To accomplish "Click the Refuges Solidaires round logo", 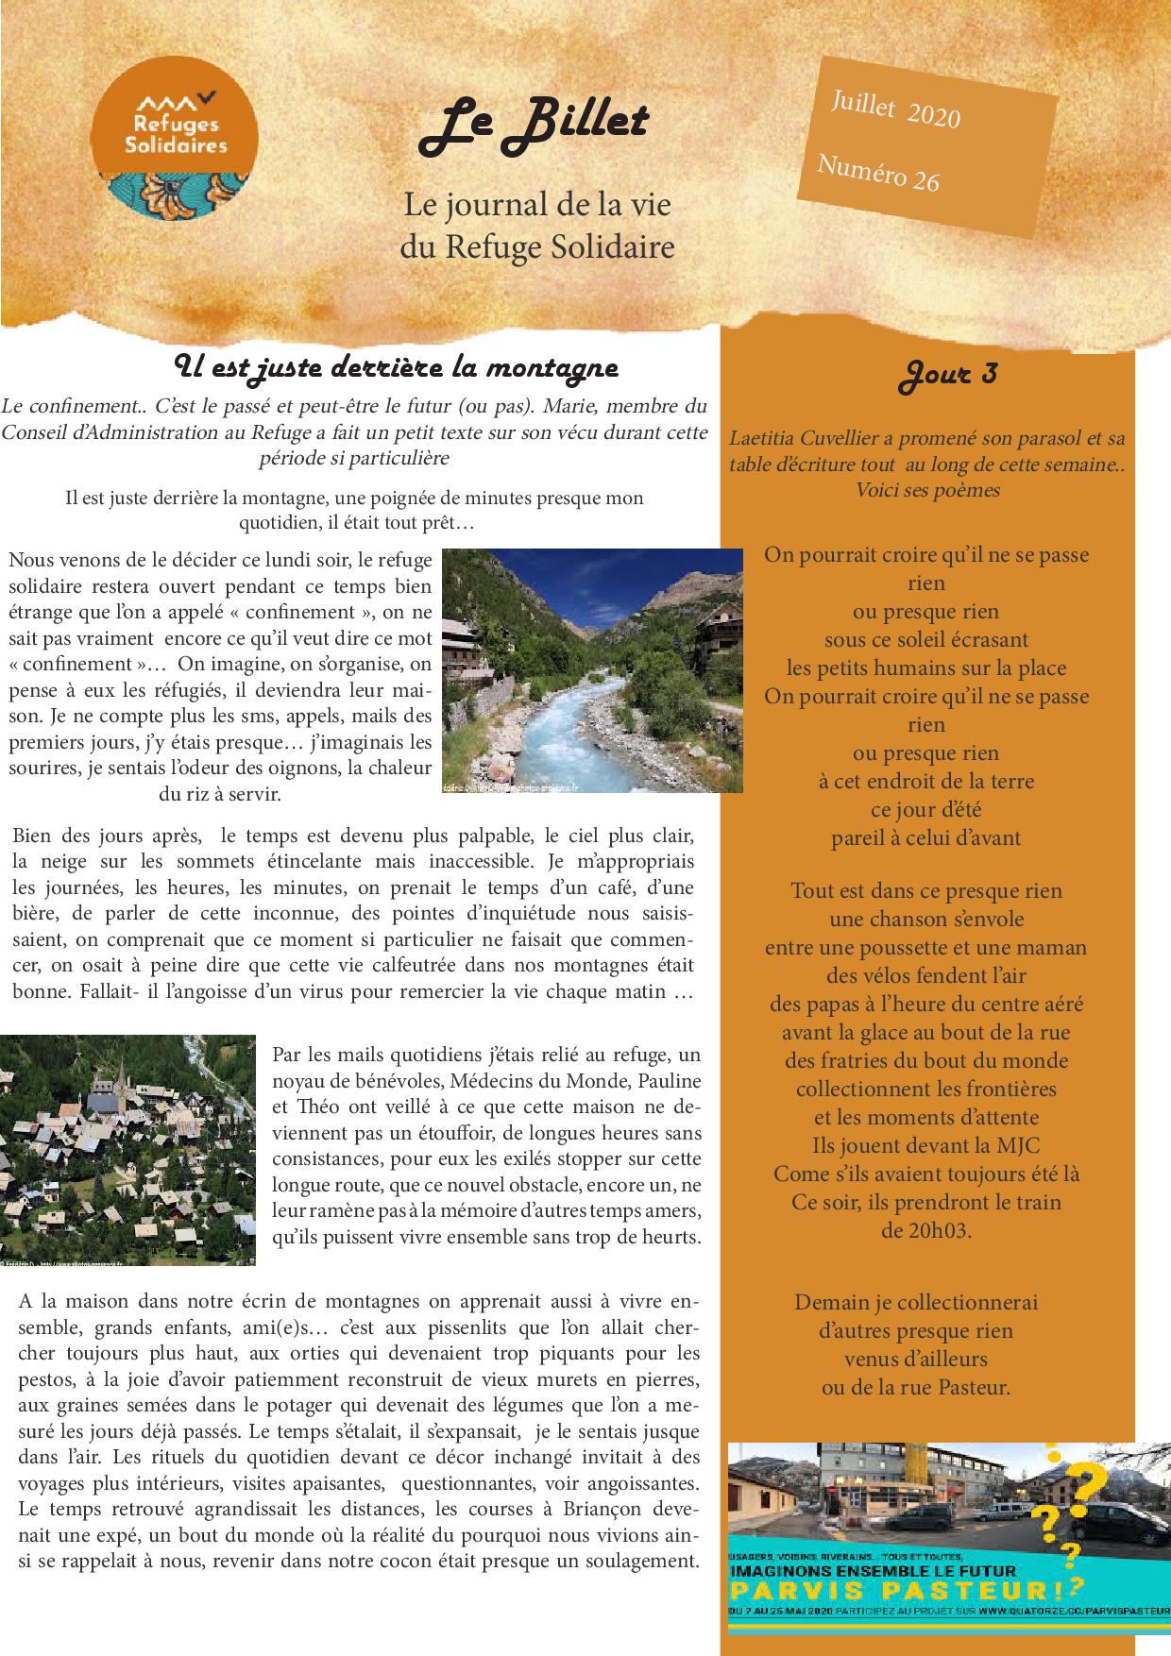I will point(178,141).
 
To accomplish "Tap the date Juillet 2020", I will point(894,110).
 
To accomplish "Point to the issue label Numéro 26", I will point(877,173).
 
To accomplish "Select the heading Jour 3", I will point(946,374).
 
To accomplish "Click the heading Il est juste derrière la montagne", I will point(397,366).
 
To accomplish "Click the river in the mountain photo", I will point(567,727).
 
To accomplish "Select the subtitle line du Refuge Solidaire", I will point(536,247).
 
